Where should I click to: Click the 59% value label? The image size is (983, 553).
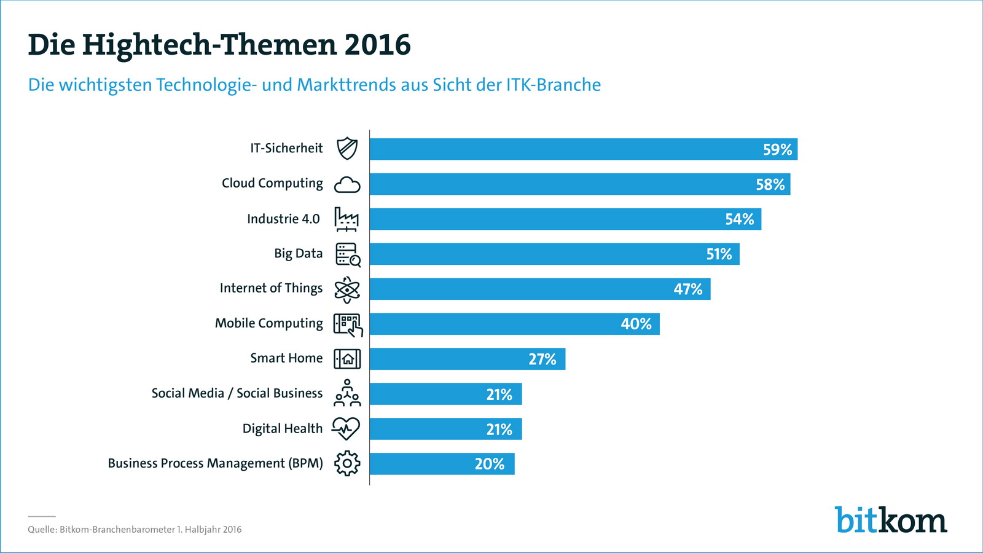click(777, 149)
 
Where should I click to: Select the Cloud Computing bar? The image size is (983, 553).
click(579, 184)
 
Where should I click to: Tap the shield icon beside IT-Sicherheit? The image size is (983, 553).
click(347, 149)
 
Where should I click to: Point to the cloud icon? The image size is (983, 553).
click(347, 184)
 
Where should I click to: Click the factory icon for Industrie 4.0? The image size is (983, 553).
click(347, 219)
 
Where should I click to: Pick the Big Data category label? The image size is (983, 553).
click(298, 254)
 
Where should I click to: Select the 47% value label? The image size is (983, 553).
click(687, 289)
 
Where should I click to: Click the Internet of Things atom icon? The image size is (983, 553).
click(347, 289)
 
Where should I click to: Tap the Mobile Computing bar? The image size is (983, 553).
click(514, 324)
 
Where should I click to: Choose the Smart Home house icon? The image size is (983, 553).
click(347, 359)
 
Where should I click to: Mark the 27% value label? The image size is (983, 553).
click(542, 359)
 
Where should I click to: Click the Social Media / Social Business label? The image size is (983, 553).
click(237, 393)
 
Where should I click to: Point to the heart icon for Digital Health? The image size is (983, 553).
click(346, 428)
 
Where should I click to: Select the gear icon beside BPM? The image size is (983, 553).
click(347, 463)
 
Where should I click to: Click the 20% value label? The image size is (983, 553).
click(489, 464)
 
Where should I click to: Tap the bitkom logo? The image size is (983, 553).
click(890, 520)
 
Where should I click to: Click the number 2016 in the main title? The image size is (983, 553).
click(377, 45)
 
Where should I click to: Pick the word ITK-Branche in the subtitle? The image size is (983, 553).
click(553, 85)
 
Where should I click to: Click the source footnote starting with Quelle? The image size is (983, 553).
click(135, 530)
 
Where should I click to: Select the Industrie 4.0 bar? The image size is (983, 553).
click(565, 219)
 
